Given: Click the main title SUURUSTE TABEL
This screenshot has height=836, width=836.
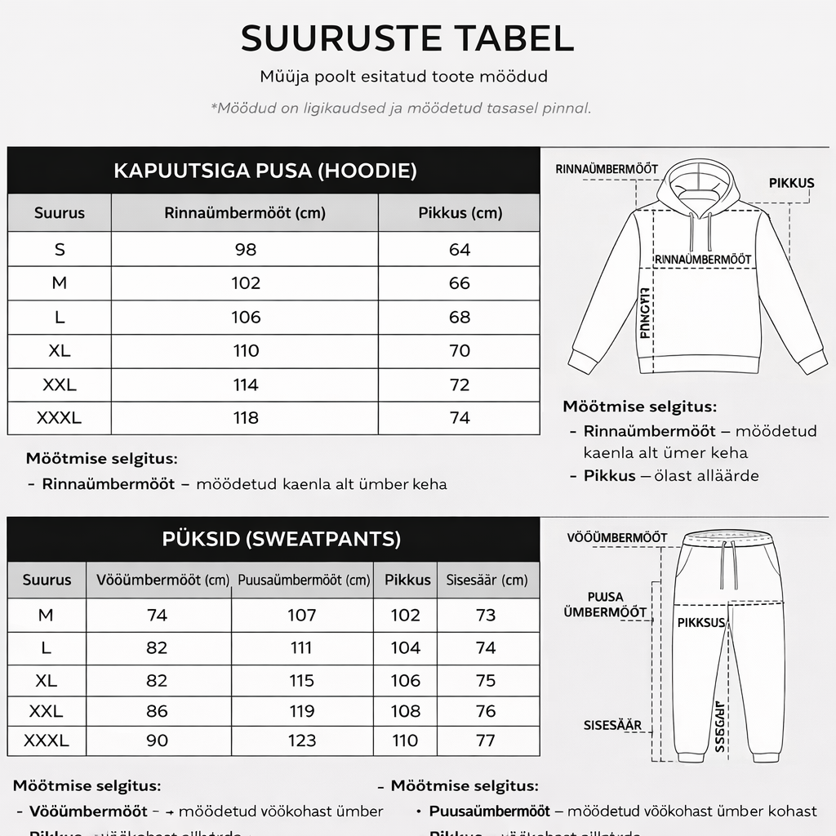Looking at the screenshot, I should click(x=407, y=38).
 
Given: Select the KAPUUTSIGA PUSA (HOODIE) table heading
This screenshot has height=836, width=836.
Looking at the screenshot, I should click(x=265, y=171).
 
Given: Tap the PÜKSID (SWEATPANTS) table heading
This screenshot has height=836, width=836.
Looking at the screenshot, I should click(x=281, y=539).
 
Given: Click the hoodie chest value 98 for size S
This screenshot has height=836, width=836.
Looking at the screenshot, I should click(x=245, y=250).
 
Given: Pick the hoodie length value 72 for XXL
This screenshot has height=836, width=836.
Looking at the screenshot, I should click(x=460, y=385).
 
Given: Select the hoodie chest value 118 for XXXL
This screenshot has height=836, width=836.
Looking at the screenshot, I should click(x=245, y=418).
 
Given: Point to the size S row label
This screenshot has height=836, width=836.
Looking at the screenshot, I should click(x=60, y=250).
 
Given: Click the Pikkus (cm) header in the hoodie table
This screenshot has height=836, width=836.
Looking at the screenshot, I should click(x=460, y=213).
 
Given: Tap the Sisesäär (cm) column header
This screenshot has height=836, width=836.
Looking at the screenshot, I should click(x=487, y=580).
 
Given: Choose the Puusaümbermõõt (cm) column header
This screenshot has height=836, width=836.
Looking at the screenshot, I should click(x=303, y=580).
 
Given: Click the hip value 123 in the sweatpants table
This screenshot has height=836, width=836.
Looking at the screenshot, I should click(x=302, y=740).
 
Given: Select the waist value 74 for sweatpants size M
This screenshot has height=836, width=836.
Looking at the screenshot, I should click(x=157, y=615).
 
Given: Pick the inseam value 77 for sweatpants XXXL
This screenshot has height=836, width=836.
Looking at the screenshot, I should click(x=486, y=740).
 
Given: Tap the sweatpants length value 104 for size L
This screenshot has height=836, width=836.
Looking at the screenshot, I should click(x=405, y=647).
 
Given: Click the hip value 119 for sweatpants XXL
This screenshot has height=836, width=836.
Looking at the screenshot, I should click(x=302, y=712).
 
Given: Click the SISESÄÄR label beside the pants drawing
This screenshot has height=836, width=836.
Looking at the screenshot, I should click(x=612, y=725).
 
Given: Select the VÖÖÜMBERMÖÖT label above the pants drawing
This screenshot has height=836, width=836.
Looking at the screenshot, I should click(x=617, y=537).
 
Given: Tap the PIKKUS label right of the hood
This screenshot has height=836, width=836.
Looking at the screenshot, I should click(x=791, y=183).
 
